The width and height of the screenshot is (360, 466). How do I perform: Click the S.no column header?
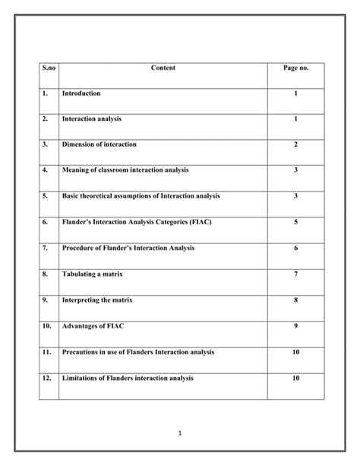pos(49,68)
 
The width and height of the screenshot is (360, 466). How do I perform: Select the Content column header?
pos(163,68)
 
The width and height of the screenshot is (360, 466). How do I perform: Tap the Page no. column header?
pos(295,68)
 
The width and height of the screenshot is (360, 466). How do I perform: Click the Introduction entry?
pos(81,93)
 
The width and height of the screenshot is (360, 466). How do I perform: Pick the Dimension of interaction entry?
pos(99,144)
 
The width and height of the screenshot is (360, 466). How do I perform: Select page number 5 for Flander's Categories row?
pos(295,222)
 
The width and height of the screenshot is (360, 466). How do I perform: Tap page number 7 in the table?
pos(295,274)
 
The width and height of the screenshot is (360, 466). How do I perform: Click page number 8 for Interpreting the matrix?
pos(295,300)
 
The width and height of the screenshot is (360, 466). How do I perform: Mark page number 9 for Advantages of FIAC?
pos(295,325)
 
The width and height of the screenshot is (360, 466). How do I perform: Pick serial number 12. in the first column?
pos(47,378)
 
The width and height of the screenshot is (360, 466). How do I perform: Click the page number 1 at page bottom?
pos(180,434)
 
